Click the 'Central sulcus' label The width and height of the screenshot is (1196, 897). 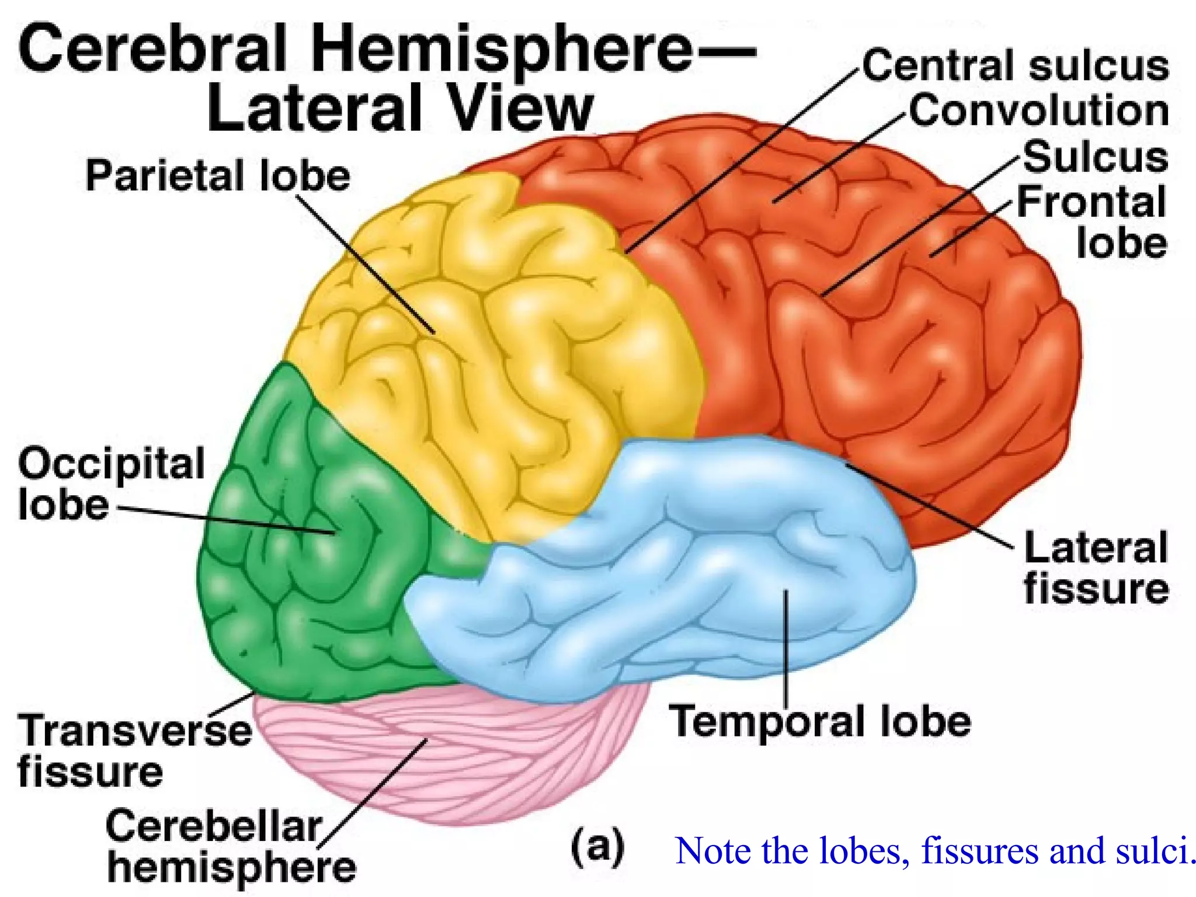pyautogui.click(x=1015, y=65)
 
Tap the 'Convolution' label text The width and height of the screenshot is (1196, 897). pyautogui.click(x=1038, y=111)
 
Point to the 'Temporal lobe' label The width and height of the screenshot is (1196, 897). pyautogui.click(x=819, y=722)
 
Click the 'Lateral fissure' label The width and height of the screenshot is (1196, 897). pyautogui.click(x=1096, y=568)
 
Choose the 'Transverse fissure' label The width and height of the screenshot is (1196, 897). pyautogui.click(x=134, y=750)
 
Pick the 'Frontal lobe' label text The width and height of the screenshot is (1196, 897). pyautogui.click(x=1092, y=222)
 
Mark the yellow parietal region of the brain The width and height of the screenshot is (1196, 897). pyautogui.click(x=496, y=350)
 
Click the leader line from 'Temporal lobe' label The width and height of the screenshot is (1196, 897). pyautogui.click(x=786, y=648)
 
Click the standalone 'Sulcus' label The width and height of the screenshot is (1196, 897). pyautogui.click(x=1096, y=157)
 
